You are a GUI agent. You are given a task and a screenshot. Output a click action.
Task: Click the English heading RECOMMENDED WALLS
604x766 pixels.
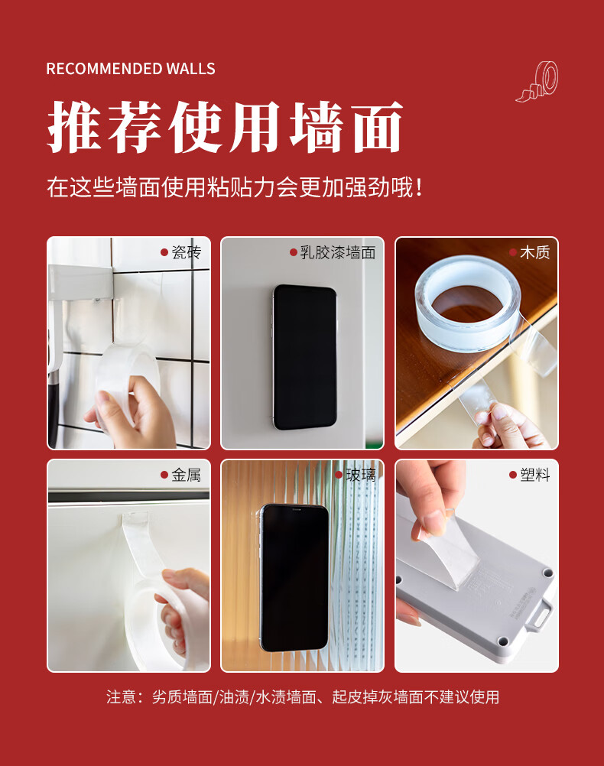[131, 69]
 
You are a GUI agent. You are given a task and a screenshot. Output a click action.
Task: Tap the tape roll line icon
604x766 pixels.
[537, 82]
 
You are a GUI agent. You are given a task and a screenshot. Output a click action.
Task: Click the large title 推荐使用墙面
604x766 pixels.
[225, 127]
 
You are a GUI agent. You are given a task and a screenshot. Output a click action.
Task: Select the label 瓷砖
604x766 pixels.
[187, 252]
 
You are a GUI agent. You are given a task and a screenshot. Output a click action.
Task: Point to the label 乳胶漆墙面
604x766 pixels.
[338, 252]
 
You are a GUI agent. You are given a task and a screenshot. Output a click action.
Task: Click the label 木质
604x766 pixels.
[534, 252]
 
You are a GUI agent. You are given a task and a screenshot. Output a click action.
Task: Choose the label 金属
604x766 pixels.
[187, 475]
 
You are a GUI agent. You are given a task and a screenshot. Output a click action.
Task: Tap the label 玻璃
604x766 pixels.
[361, 475]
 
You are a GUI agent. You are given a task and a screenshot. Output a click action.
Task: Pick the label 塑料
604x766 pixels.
[534, 475]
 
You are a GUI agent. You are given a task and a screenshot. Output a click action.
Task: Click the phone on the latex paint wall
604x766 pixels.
[305, 358]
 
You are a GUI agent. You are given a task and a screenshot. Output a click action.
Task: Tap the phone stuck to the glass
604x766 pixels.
[294, 578]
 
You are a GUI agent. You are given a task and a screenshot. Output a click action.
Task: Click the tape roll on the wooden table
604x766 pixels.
[467, 303]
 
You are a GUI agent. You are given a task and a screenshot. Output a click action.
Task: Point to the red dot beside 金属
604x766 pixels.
[164, 475]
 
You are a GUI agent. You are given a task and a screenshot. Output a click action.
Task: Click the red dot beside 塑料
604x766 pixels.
[512, 475]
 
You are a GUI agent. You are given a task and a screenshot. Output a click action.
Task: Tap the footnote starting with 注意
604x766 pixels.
[303, 696]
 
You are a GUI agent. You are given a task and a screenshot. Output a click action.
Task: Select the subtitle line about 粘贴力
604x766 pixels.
[235, 187]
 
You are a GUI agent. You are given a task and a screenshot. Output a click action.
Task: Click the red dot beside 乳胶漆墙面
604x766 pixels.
[294, 252]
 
